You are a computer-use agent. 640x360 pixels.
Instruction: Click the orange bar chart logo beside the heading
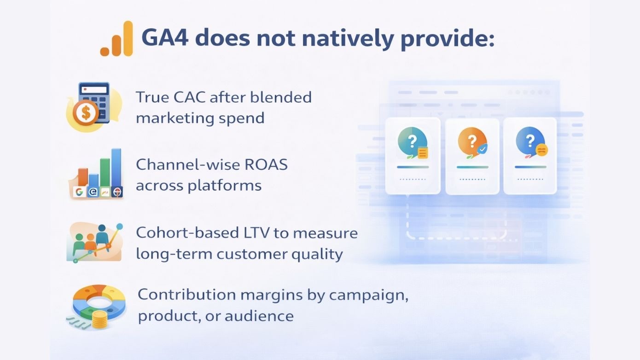[x=116, y=40]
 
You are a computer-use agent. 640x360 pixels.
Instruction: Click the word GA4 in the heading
[x=164, y=38]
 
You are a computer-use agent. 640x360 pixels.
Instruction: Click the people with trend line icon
[x=94, y=242]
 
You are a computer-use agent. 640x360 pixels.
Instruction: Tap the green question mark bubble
[x=412, y=141]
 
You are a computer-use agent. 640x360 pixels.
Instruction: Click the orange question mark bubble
[x=471, y=141]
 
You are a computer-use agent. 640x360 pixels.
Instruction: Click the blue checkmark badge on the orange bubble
[x=482, y=149]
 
